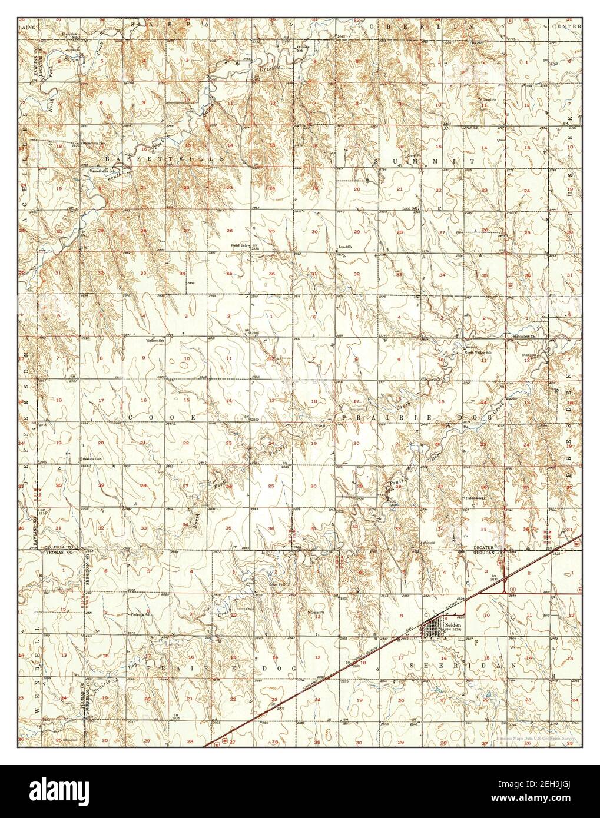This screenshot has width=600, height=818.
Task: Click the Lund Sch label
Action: point(410,208)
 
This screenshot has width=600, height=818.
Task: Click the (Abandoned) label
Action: point(476,498)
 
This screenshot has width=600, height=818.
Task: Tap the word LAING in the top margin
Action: point(26,26)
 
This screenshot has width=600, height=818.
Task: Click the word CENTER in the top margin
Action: point(566,27)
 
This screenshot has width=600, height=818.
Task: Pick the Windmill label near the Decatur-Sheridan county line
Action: point(427,542)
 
